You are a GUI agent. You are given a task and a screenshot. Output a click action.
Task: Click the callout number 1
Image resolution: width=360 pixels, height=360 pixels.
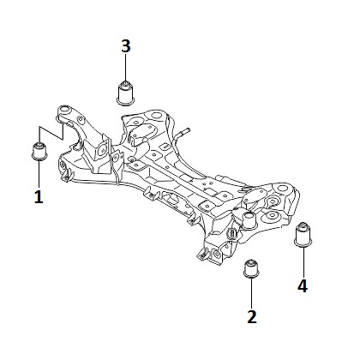point(39,196)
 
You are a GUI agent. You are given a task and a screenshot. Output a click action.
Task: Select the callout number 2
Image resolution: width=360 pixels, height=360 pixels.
point(252,316)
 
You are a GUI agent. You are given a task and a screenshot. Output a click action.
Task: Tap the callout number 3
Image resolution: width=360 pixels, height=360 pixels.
point(126,46)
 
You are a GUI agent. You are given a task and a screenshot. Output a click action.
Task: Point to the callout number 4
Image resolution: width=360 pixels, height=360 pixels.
point(303,285)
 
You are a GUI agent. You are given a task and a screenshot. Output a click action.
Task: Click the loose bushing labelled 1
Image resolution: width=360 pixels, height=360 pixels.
point(39,151)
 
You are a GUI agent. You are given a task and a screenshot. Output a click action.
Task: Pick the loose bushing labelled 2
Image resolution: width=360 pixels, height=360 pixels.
point(251,268)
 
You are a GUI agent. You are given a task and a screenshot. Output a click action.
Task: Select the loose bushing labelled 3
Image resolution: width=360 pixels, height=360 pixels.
point(126,93)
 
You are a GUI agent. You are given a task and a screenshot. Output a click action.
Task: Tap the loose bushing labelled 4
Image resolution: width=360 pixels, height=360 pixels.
point(303,233)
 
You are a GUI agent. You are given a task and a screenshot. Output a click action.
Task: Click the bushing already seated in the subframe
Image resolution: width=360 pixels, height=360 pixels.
point(249,220)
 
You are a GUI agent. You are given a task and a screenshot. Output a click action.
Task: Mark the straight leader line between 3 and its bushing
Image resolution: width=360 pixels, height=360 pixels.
point(126,68)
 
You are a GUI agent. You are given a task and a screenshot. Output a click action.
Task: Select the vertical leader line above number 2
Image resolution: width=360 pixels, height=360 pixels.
point(252,293)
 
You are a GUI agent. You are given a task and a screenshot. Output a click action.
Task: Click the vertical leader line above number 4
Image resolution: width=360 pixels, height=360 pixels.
point(303,261)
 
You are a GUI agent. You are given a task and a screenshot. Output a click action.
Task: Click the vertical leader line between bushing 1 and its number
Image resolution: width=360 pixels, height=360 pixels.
point(39,174)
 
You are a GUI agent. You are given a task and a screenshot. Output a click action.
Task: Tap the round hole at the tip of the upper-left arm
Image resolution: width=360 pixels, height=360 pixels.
point(65,110)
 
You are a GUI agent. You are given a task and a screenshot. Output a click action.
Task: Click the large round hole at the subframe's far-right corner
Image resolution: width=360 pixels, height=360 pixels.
point(282,189)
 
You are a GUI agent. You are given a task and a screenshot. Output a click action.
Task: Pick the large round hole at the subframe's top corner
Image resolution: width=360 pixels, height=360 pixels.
point(156,116)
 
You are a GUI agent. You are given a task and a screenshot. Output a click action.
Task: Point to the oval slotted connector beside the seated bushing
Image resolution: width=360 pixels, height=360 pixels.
point(231,234)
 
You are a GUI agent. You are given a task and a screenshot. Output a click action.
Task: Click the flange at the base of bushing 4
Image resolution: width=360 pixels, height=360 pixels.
point(303,243)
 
